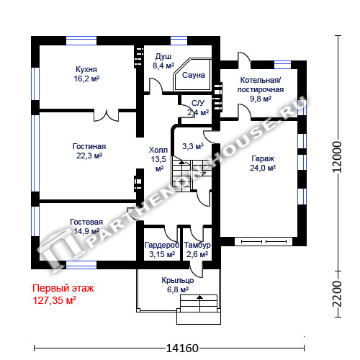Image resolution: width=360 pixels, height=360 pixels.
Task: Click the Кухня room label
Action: [x=86, y=69]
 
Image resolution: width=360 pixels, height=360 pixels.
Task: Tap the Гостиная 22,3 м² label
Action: [x=89, y=151]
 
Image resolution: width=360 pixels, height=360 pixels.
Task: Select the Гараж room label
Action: [x=263, y=158]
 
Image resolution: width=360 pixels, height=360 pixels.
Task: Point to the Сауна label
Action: [x=194, y=75]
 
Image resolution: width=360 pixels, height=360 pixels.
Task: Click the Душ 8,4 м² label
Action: [x=163, y=61]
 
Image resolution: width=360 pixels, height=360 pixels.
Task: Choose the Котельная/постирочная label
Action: [x=261, y=85]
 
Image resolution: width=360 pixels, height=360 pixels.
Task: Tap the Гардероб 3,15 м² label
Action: [x=162, y=250]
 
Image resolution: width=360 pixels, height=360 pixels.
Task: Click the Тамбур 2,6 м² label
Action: [x=197, y=250]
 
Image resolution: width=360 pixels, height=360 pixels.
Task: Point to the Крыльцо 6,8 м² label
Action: [x=178, y=285]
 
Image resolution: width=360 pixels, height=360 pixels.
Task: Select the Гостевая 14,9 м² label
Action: [x=86, y=227]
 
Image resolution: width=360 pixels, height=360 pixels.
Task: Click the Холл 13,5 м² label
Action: [x=158, y=159]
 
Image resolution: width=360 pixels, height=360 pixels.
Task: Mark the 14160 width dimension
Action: [x=182, y=348]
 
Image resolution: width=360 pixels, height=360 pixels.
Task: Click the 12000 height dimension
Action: [x=337, y=157]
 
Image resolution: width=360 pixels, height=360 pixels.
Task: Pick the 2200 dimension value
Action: [x=337, y=294]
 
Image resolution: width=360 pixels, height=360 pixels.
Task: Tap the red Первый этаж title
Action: [x=63, y=288]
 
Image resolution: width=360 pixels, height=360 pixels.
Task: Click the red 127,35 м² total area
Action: [x=55, y=300]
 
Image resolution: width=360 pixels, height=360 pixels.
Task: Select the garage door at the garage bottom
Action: [x=264, y=241]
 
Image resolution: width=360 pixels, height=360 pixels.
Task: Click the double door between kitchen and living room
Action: [x=106, y=115]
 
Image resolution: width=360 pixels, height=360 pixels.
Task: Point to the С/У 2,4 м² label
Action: [x=198, y=108]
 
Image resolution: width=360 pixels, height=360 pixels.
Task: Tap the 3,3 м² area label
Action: [x=193, y=145]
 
